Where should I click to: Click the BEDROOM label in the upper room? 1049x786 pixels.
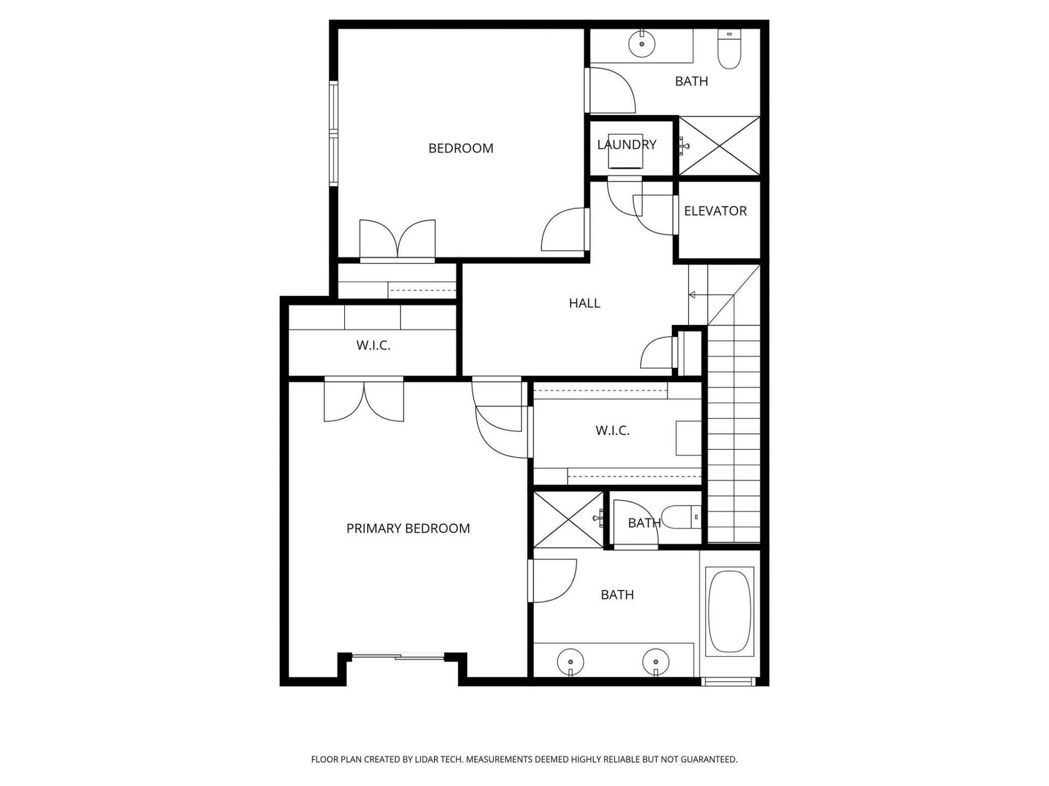pos(461,148)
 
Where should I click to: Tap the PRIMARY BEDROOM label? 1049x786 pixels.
pos(408,528)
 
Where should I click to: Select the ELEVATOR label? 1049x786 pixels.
pos(715,211)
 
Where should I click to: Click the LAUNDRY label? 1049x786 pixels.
pos(626,145)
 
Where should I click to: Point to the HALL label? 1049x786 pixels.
pos(584,303)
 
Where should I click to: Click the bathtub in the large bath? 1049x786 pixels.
pos(729,611)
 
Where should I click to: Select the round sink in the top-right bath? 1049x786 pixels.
pos(642,44)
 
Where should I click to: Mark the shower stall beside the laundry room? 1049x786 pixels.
pos(720,146)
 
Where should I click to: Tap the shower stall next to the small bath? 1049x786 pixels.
pos(568,519)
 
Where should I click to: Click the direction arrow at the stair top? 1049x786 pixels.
pos(693,295)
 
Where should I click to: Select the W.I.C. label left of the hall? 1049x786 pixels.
pos(373,346)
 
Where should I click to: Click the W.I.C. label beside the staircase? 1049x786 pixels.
pos(612,431)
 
